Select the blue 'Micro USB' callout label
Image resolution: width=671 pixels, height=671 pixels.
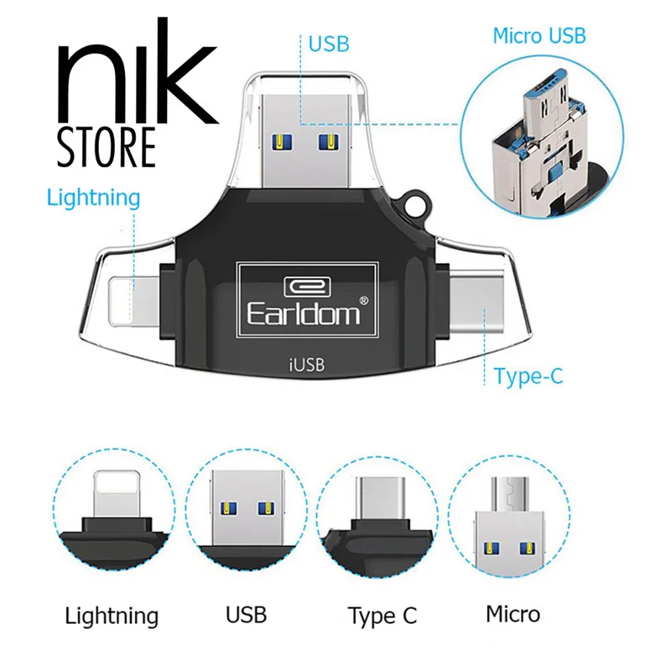[x=538, y=35]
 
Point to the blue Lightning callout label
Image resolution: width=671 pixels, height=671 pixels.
[x=93, y=198]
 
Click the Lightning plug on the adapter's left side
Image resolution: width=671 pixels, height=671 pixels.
[x=135, y=297]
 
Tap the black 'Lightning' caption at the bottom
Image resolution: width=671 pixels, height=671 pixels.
[x=112, y=616]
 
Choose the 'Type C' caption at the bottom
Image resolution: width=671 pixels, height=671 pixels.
[x=382, y=616]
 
